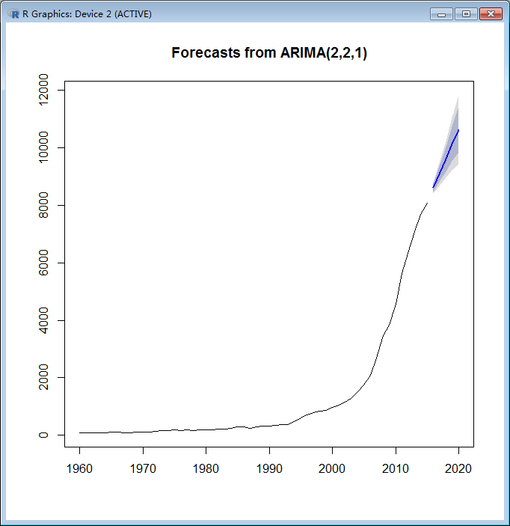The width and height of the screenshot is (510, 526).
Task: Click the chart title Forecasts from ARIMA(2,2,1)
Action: pyautogui.click(x=268, y=53)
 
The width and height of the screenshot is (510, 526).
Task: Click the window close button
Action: pyautogui.click(x=491, y=14)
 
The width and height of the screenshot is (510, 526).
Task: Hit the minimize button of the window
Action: pyautogui.click(x=442, y=14)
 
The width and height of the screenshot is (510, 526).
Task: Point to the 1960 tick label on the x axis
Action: pyautogui.click(x=80, y=469)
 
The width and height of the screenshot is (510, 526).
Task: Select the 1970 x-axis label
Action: pyautogui.click(x=143, y=469)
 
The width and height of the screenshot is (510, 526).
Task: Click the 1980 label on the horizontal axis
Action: pyautogui.click(x=206, y=469)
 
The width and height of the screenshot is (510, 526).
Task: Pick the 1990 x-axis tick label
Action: pyautogui.click(x=269, y=469)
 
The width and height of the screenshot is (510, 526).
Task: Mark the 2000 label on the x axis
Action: pyautogui.click(x=332, y=469)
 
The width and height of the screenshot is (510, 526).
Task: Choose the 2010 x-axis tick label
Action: pyautogui.click(x=395, y=469)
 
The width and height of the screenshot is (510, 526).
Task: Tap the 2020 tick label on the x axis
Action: pyautogui.click(x=458, y=469)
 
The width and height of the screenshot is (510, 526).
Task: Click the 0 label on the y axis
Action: pyautogui.click(x=46, y=435)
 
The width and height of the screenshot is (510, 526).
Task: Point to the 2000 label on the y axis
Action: pyautogui.click(x=46, y=378)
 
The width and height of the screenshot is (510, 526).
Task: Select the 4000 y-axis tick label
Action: pyautogui.click(x=46, y=320)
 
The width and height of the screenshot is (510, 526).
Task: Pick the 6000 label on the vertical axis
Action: pyautogui.click(x=46, y=263)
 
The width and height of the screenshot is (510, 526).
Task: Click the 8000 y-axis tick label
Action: pyautogui.click(x=46, y=205)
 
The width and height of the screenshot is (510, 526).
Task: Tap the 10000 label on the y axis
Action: pyautogui.click(x=46, y=147)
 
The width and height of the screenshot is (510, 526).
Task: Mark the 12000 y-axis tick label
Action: pyautogui.click(x=46, y=90)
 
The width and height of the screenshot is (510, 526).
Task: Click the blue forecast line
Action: pyautogui.click(x=446, y=159)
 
